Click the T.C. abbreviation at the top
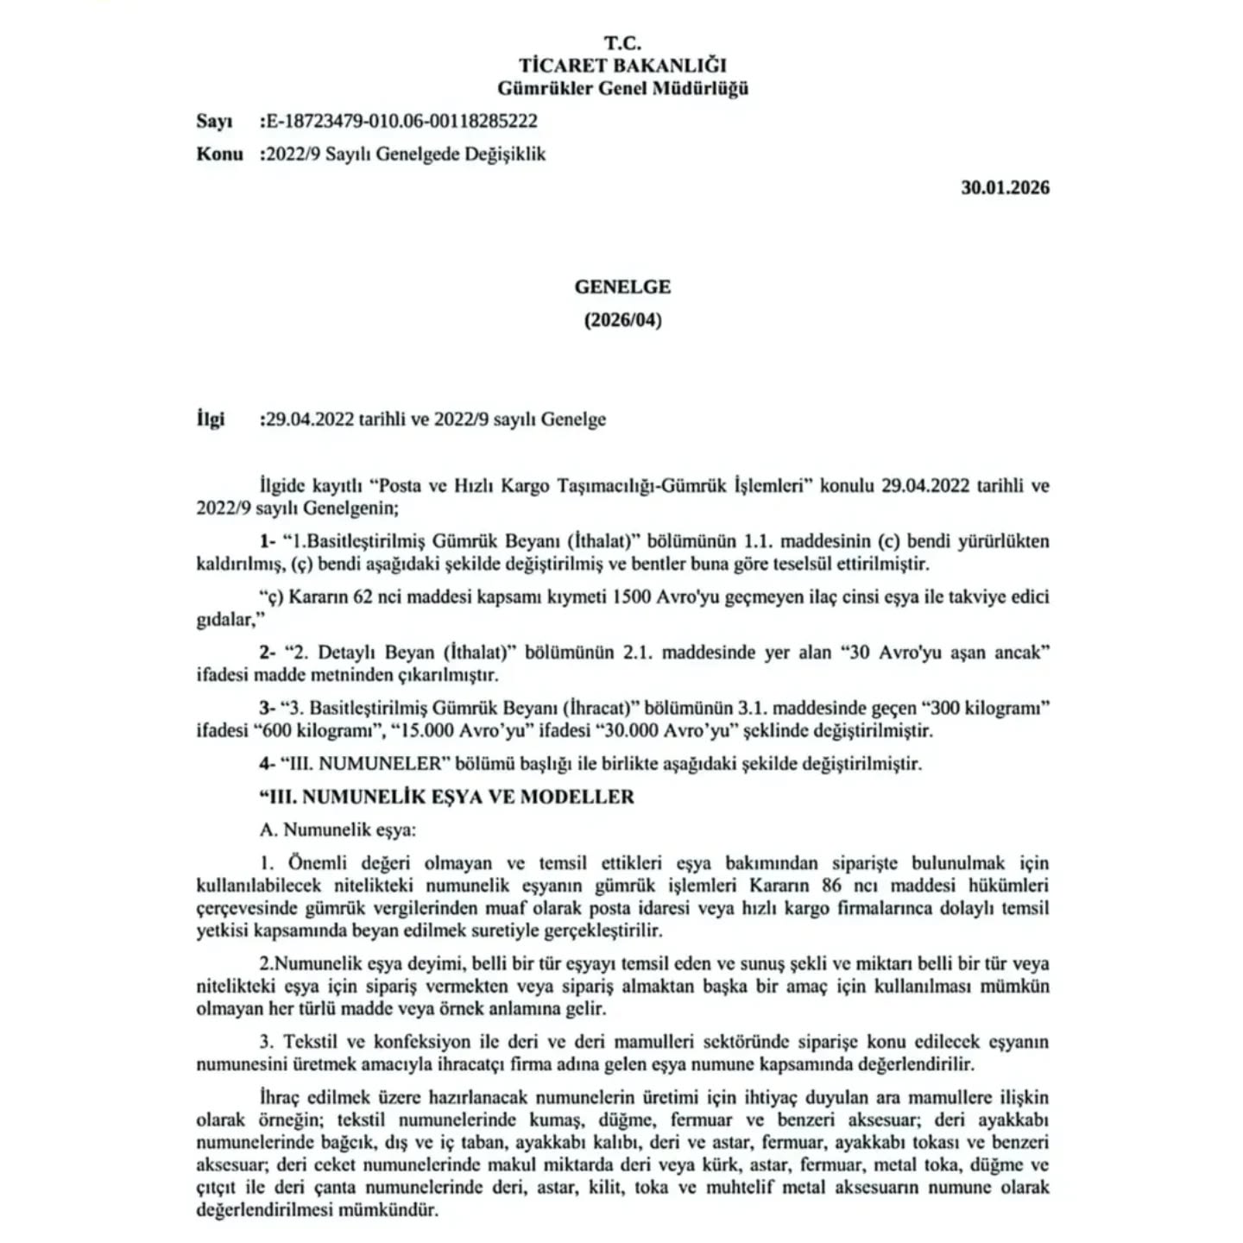(x=621, y=42)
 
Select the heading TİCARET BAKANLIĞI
(x=621, y=65)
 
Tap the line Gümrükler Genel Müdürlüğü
(x=621, y=88)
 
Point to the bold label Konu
(x=219, y=155)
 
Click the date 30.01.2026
(x=1005, y=187)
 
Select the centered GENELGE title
(x=621, y=287)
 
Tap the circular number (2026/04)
(x=621, y=320)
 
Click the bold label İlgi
(x=210, y=420)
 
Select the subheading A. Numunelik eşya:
(x=338, y=830)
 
